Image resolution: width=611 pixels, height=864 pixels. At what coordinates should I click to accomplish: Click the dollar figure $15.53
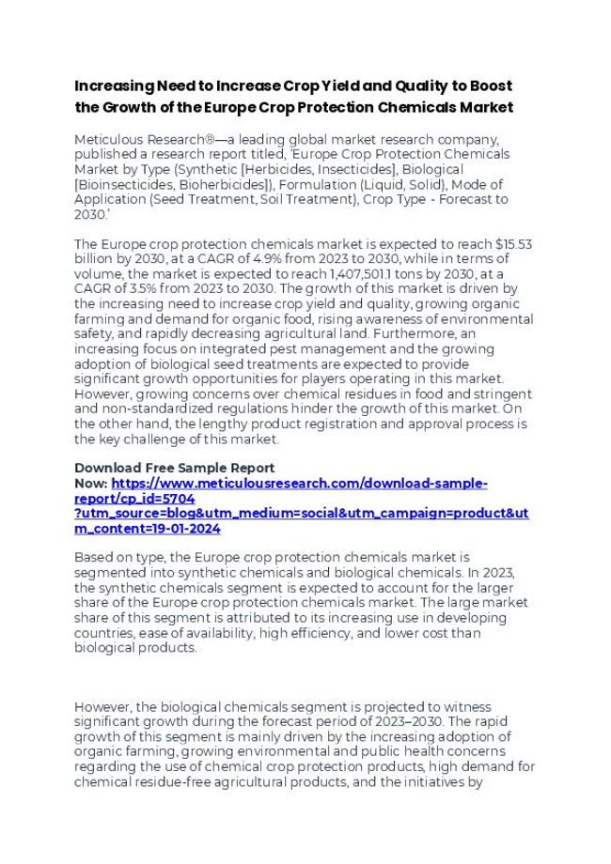pos(514,244)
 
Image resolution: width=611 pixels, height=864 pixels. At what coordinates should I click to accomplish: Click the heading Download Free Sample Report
pos(175,468)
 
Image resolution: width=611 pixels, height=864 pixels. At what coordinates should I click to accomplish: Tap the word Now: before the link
pos(90,483)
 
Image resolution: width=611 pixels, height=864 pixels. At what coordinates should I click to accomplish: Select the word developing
pos(471,618)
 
